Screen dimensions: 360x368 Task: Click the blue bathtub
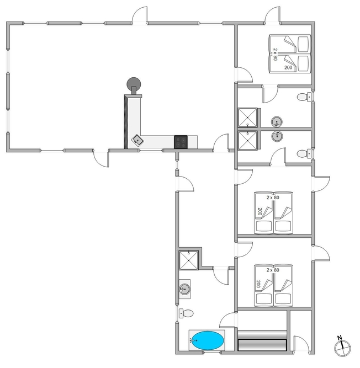(207, 340)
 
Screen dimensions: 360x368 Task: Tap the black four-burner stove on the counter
(181, 142)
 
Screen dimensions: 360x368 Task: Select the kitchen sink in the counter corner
(137, 140)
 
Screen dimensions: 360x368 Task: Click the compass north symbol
(342, 347)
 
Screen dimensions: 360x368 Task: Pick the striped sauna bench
(262, 340)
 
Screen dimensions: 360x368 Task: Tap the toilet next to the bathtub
(186, 313)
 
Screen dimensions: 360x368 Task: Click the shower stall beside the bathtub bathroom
(189, 260)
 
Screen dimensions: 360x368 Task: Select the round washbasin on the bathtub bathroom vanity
(184, 289)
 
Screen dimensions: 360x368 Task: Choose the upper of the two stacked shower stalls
(247, 118)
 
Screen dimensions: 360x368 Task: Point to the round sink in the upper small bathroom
(277, 122)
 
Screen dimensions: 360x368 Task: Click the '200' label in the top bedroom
(288, 68)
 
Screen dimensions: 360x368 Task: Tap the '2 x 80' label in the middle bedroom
(273, 198)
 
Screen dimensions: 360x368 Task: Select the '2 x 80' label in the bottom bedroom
(273, 270)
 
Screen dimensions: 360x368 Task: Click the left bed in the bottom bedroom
(264, 285)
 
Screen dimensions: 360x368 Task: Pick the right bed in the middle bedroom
(283, 212)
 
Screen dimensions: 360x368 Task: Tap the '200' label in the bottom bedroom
(258, 284)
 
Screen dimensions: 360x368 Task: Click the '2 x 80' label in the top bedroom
(275, 55)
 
